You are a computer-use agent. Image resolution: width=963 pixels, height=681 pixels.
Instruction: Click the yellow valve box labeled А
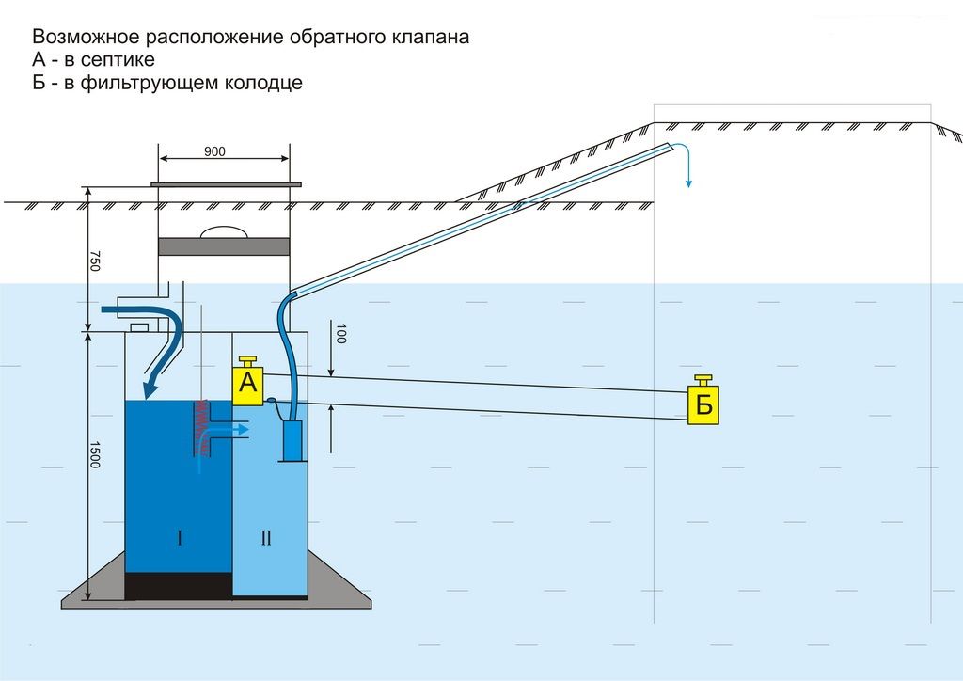coord(247,385)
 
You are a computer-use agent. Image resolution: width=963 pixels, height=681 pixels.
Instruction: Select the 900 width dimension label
coord(214,151)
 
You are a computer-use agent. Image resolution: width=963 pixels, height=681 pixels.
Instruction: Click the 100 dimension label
coord(341,333)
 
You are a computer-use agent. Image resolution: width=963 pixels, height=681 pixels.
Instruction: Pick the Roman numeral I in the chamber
coord(179,538)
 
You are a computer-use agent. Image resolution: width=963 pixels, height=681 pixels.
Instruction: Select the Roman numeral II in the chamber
coord(266,538)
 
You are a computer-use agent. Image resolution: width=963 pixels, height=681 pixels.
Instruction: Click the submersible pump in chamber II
coord(292,440)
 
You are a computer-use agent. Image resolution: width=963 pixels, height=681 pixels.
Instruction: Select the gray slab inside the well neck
coord(223,245)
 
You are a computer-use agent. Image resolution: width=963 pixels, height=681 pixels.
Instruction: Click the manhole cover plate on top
coord(227,184)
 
